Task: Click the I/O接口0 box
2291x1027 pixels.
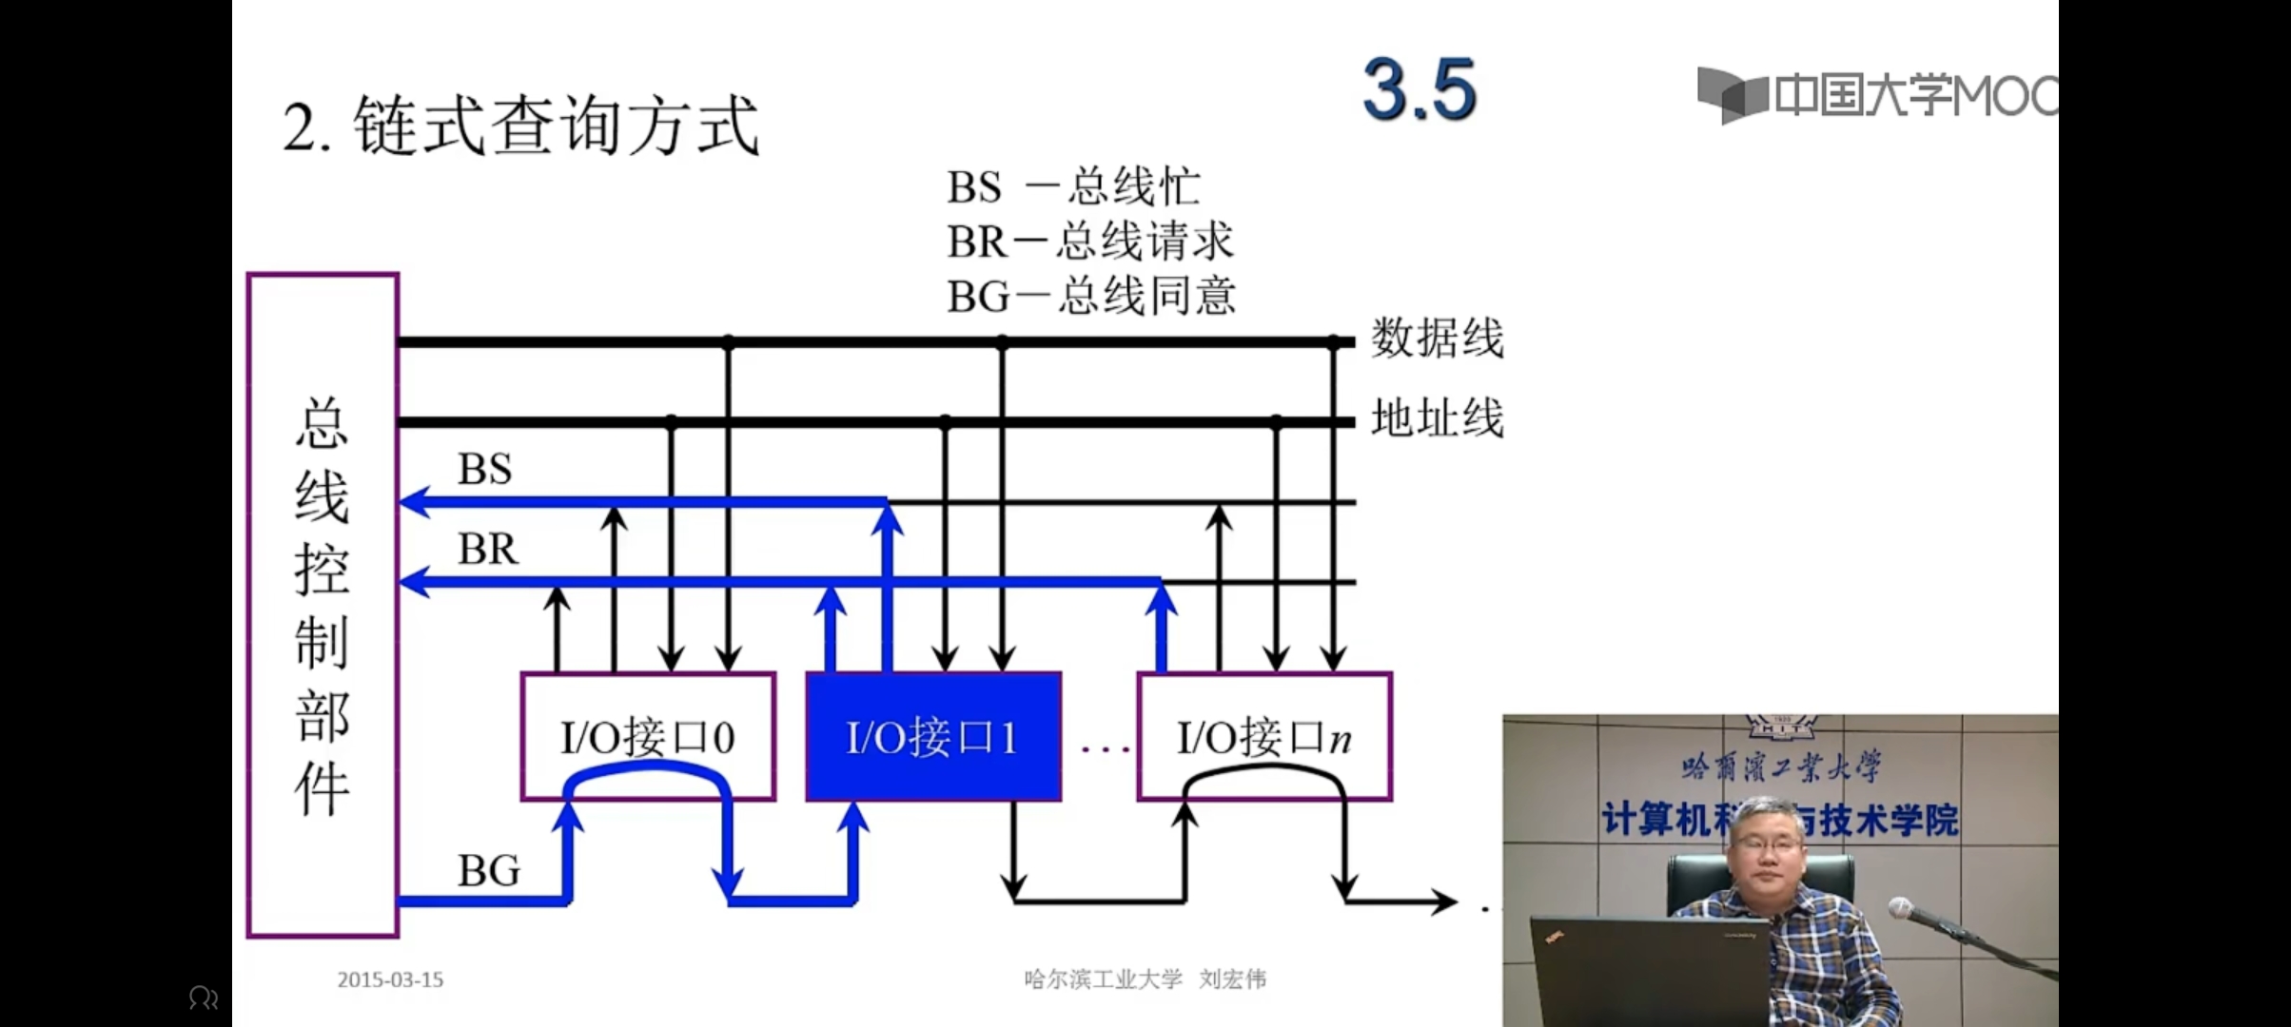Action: coord(647,736)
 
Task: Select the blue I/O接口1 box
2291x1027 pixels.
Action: coord(932,736)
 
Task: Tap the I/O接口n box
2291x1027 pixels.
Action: coord(1263,736)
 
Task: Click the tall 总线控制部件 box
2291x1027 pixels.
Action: coord(323,605)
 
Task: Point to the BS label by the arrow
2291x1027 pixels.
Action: coord(484,469)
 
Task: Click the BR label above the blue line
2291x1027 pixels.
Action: coord(487,549)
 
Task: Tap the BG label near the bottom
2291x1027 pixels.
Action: coord(488,870)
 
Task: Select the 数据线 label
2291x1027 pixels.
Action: coord(1437,339)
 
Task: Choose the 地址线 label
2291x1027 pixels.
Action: coord(1437,418)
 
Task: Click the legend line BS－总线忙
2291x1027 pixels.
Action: coord(1073,186)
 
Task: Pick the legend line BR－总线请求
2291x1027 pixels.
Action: coord(1089,242)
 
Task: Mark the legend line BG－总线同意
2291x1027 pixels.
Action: coord(1090,297)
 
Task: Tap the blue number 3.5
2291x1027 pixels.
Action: coord(1420,90)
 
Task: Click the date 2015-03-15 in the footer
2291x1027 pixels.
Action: coord(390,979)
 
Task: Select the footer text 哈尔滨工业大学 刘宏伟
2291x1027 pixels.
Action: coord(1145,979)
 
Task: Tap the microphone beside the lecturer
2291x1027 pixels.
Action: coord(1903,909)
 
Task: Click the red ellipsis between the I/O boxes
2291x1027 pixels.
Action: coord(1106,749)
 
